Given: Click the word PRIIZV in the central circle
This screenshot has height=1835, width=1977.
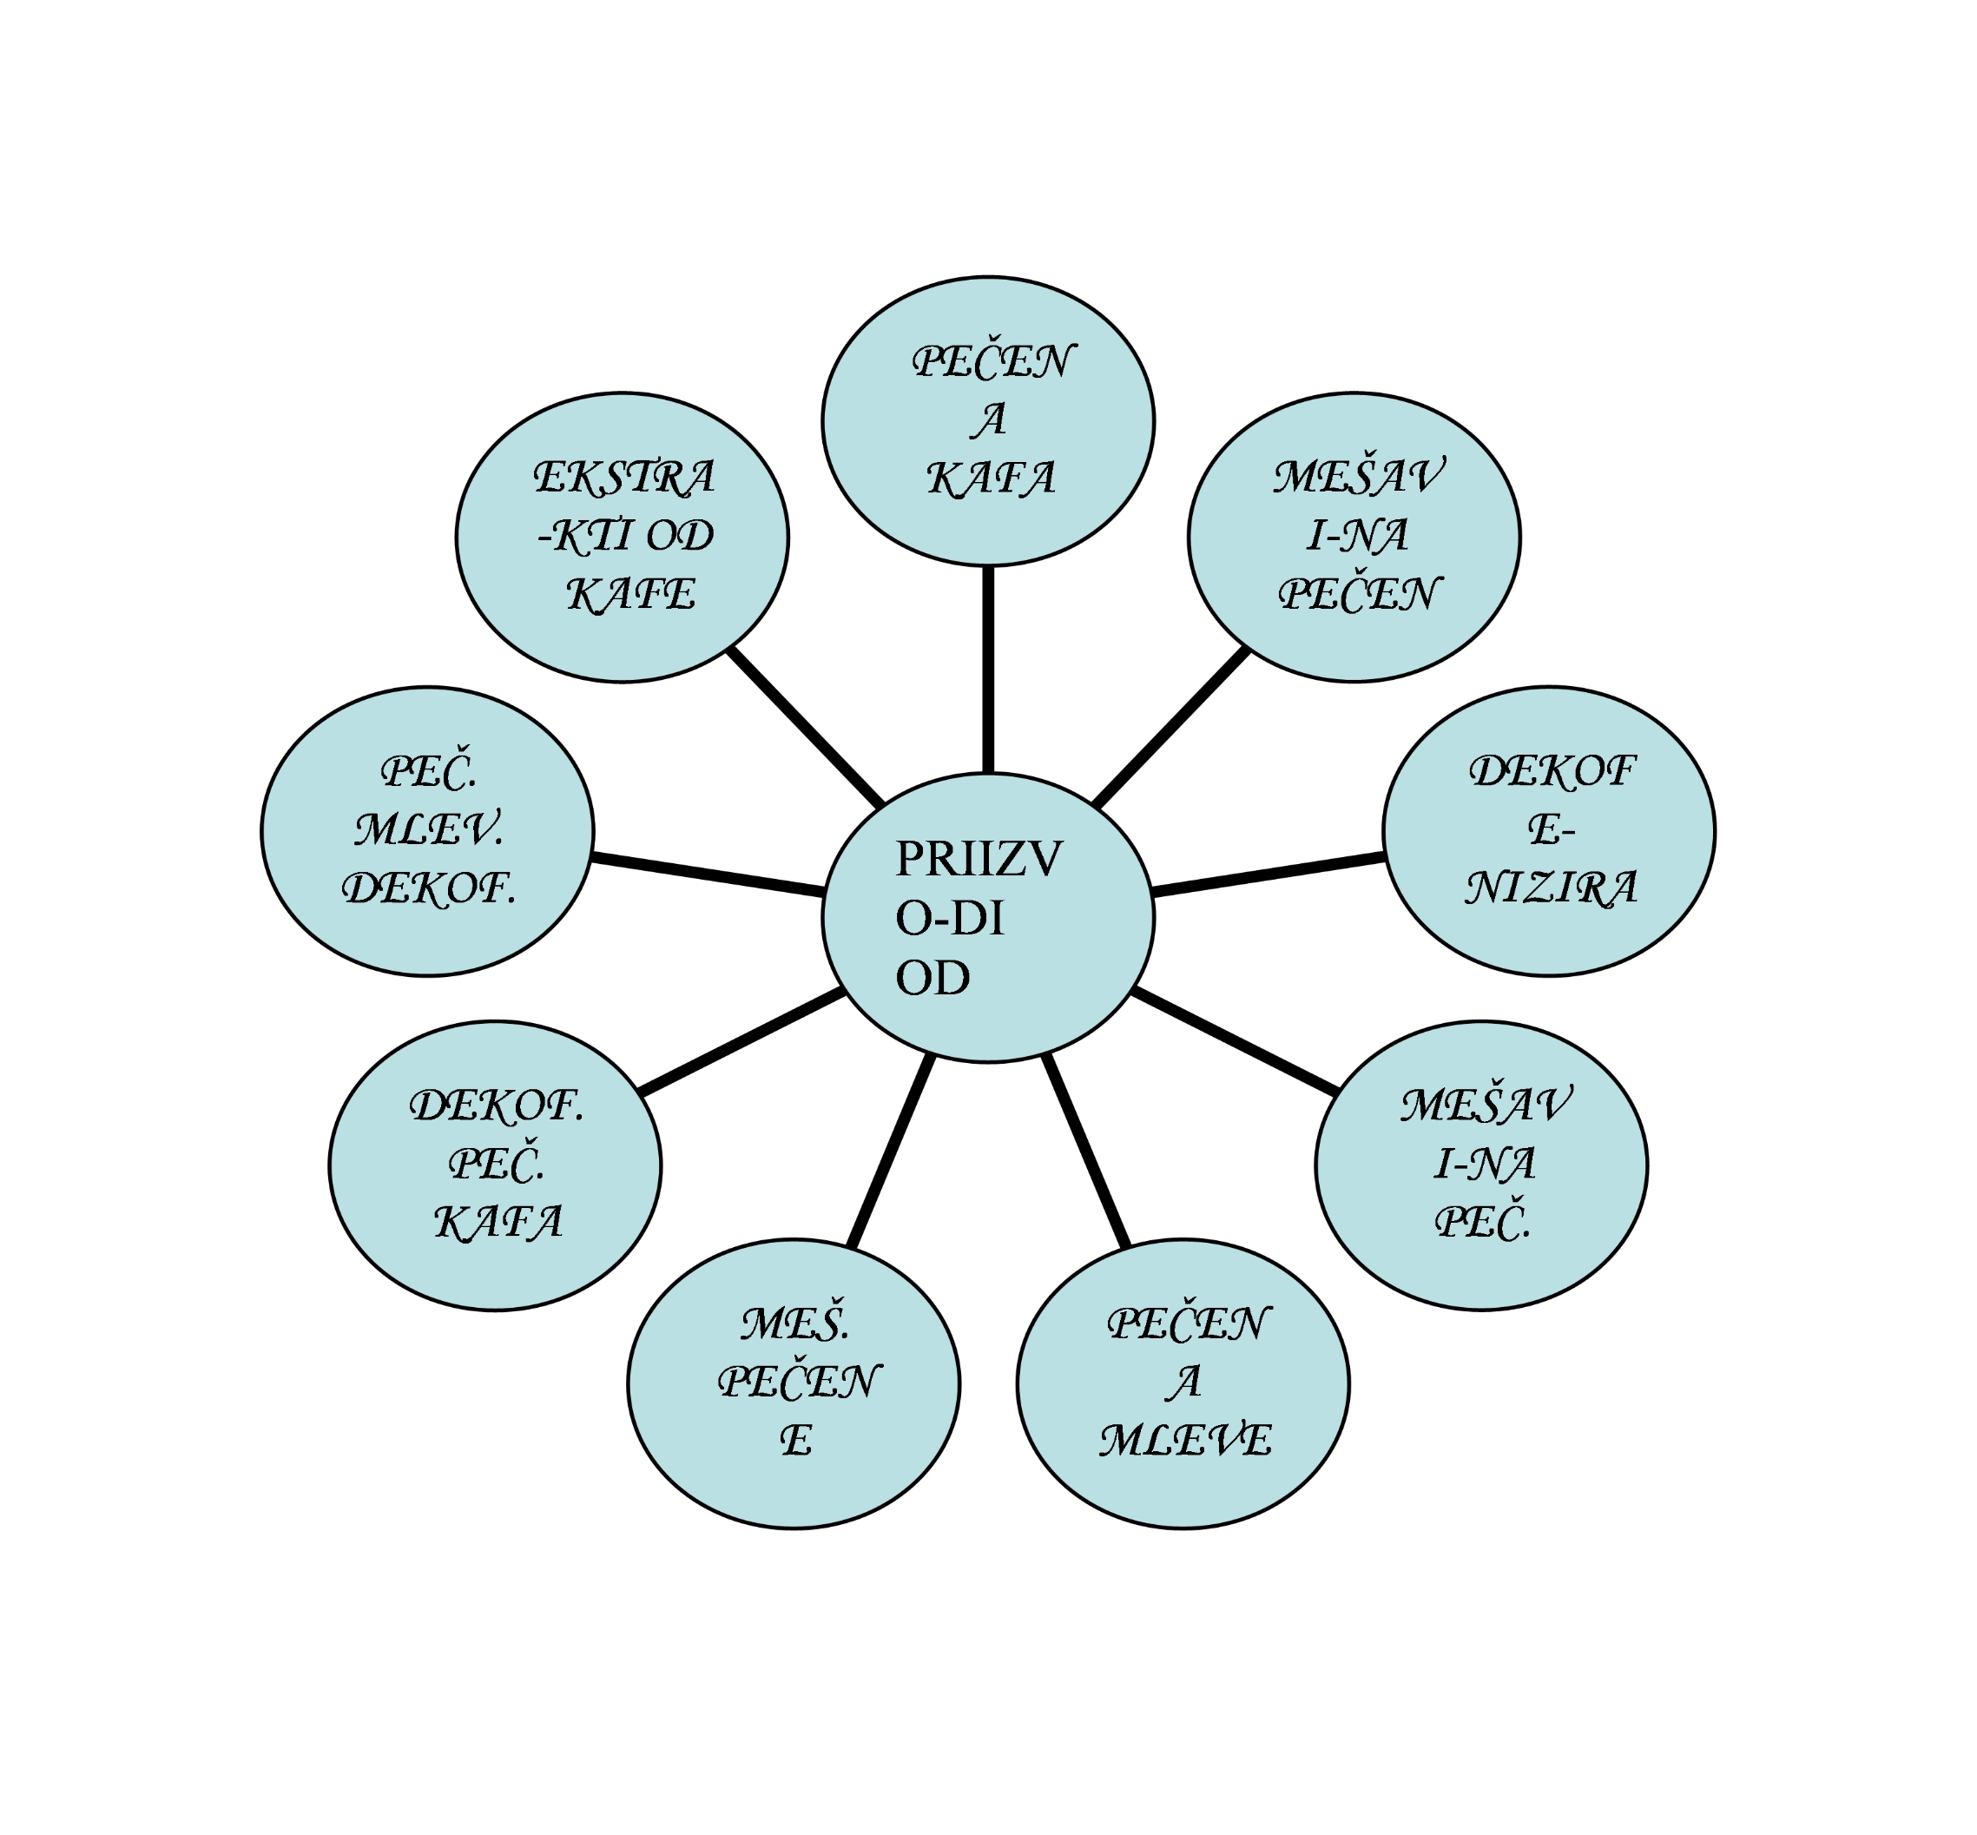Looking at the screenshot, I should pos(977,859).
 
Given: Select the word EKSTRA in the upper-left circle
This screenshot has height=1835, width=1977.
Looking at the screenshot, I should pos(623,478).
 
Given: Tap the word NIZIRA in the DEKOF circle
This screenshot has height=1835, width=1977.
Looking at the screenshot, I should pos(1550,888).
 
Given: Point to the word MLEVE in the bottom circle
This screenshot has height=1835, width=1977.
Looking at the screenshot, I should pos(1183,1440).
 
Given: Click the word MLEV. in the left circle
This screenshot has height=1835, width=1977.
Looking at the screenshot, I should pos(428,829).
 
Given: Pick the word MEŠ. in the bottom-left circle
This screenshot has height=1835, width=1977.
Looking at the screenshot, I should pos(794,1323).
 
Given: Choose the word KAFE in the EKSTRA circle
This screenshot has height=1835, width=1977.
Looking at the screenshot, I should pos(630,595).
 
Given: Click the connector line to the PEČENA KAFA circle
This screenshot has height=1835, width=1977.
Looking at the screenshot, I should pos(988,670).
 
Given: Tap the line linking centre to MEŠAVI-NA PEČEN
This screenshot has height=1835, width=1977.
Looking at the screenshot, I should pos(1170,728).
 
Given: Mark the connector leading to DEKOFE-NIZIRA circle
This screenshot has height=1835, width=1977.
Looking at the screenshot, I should pos(1268,875).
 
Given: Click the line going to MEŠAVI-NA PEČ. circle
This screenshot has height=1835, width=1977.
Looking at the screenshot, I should pos(1235,1041).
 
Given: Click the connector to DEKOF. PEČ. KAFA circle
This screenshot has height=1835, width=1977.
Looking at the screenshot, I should pos(741,1043).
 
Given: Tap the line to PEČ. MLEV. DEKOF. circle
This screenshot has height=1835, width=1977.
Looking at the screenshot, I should pos(707,875).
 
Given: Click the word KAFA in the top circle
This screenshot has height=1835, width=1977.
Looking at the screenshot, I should pos(990,479).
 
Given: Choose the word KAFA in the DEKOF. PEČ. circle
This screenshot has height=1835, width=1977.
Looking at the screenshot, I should pos(498,1223).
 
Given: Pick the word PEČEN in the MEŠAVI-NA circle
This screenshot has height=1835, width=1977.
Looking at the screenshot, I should pos(1359,594).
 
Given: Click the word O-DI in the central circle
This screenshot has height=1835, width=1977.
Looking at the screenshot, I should pos(948,919).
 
